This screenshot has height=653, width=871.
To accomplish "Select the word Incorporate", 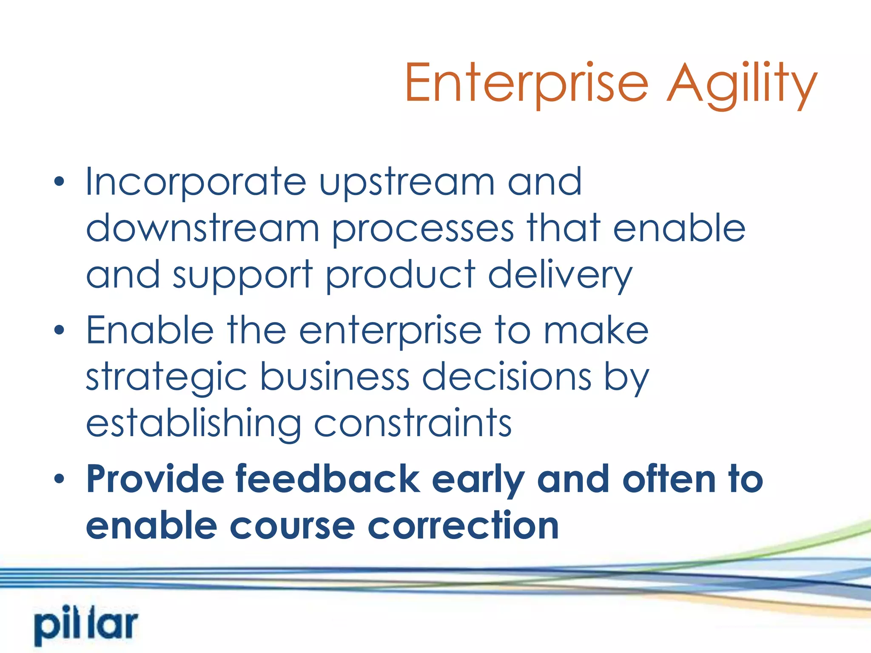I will click(x=196, y=182).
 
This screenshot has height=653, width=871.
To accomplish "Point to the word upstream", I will click(x=407, y=182).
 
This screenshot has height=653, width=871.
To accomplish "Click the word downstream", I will click(x=202, y=229).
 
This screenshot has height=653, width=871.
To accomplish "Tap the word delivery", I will click(x=560, y=275).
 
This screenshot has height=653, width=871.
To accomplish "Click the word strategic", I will click(x=166, y=378).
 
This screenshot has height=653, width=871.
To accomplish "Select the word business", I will click(x=335, y=378).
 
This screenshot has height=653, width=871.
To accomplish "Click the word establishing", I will click(x=194, y=424).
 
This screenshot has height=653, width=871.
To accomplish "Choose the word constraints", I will click(x=413, y=424).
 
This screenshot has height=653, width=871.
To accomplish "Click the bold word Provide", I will click(x=155, y=480).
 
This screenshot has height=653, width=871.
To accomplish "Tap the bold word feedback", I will click(x=328, y=480).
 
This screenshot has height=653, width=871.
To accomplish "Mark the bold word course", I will click(x=292, y=526).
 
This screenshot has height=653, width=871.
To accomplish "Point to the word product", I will click(x=401, y=275).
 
